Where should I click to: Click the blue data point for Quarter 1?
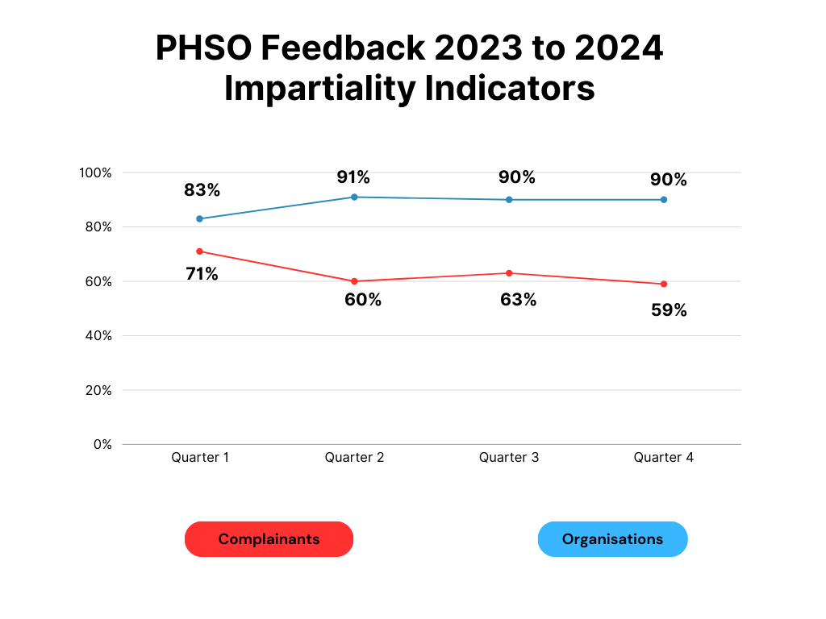(x=200, y=218)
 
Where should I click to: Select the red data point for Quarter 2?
(x=354, y=281)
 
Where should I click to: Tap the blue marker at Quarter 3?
(x=509, y=199)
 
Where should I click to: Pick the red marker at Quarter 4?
(x=664, y=284)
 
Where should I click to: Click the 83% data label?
(x=202, y=190)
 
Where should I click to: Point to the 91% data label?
(x=353, y=177)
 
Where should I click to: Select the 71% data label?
(x=202, y=273)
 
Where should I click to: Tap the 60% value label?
(x=363, y=300)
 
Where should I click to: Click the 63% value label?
(x=518, y=300)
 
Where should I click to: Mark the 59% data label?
(x=669, y=309)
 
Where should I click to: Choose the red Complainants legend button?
(x=269, y=539)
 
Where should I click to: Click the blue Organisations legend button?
(x=612, y=539)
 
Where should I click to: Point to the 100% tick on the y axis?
(x=95, y=172)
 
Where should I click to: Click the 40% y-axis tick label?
(x=98, y=335)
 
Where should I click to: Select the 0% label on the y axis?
(x=102, y=444)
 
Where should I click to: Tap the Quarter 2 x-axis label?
(x=354, y=457)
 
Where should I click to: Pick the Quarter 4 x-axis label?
(x=663, y=457)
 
